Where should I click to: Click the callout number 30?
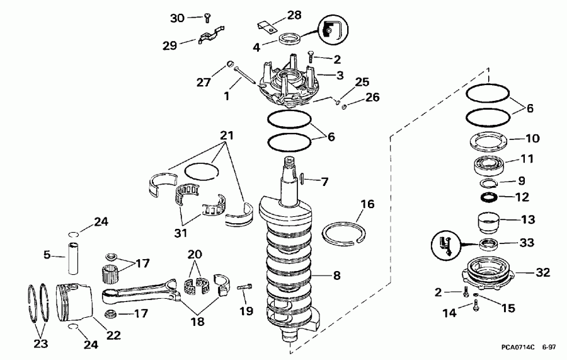click(x=178, y=18)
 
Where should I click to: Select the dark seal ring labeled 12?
click(x=490, y=198)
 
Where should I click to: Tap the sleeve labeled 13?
click(x=489, y=223)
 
